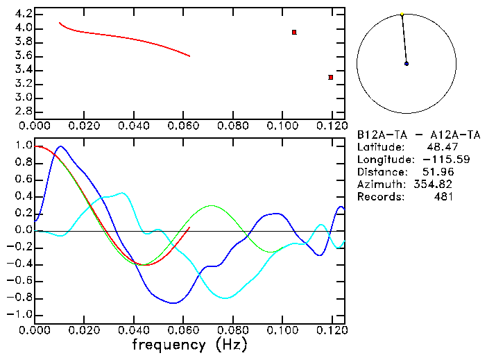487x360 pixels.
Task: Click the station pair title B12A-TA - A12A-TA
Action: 412,134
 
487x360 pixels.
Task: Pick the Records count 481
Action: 443,196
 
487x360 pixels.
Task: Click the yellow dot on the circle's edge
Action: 402,14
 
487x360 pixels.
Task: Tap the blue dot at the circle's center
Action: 407,64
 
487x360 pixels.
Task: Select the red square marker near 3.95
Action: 294,33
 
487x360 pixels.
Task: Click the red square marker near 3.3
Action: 331,77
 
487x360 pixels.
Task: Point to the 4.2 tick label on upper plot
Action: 22,14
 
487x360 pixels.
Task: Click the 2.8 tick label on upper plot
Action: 22,112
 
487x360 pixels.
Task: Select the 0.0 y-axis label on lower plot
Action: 22,230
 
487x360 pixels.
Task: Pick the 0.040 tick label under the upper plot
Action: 134,126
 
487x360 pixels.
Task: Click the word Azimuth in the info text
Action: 379,184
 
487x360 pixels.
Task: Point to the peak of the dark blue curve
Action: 61,146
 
